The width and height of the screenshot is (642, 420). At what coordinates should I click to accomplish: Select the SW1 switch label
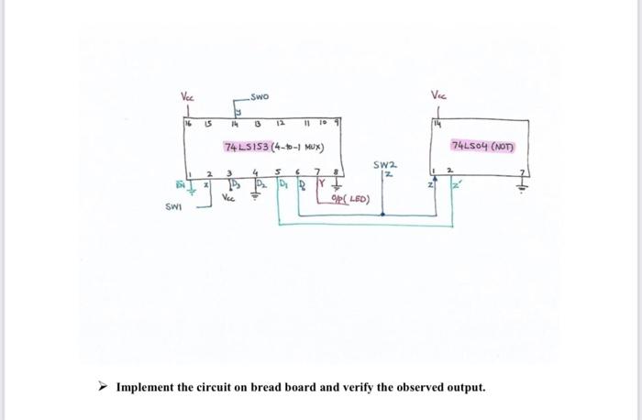click(173, 205)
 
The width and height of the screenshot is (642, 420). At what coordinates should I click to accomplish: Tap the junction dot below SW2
click(383, 216)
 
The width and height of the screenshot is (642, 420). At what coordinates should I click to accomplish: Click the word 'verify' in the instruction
click(377, 387)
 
